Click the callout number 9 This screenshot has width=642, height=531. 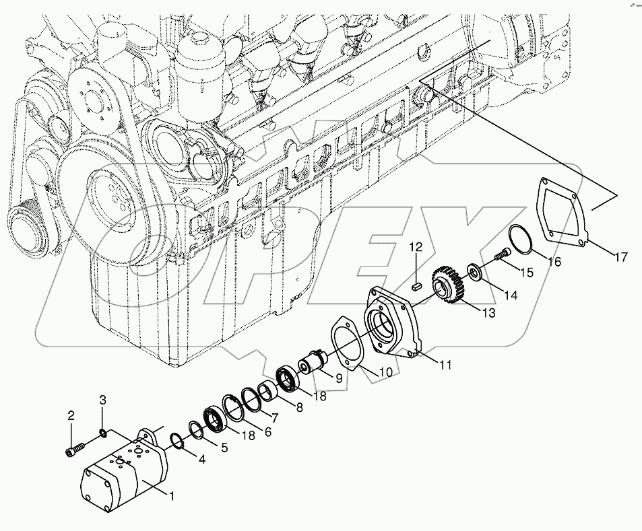point(339,379)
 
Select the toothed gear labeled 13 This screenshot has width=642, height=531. point(446,283)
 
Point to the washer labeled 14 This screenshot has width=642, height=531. point(475,272)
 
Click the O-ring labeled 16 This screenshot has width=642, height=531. point(520,240)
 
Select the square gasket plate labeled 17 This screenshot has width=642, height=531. point(559,209)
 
